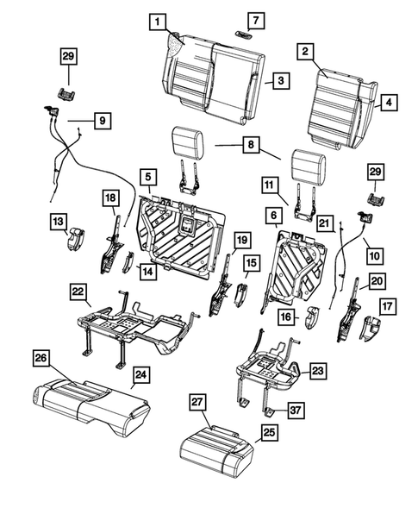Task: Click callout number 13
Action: coord(56,223)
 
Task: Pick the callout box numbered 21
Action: coord(325,223)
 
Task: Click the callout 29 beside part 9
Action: coord(67,57)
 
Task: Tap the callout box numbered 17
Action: coord(386,304)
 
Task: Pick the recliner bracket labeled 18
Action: coord(111,244)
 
